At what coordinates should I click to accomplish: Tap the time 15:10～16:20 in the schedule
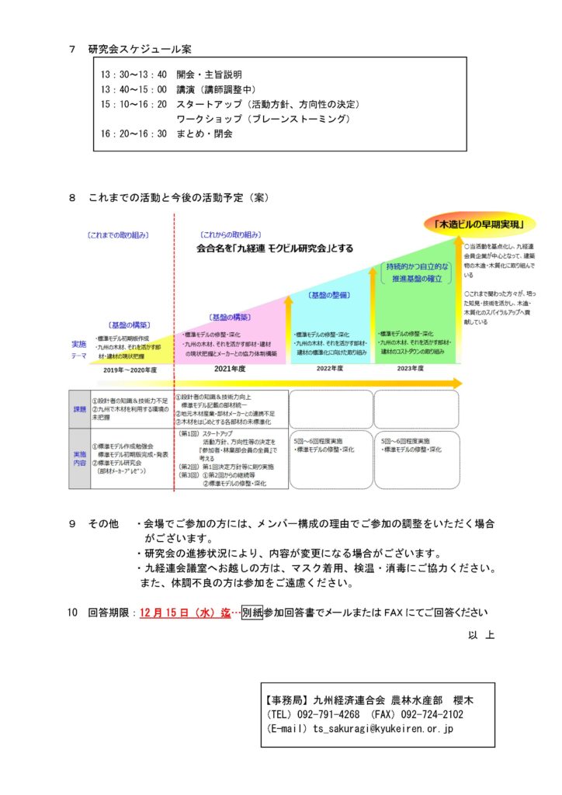134,104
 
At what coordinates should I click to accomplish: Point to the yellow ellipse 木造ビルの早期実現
479,225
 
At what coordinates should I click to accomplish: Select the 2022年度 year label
330,370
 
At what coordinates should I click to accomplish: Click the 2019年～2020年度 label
130,370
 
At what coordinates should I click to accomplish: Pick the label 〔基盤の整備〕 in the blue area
330,295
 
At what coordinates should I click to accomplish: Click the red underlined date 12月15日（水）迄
186,613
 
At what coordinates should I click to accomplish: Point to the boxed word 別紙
252,613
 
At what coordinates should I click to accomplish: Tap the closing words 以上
480,634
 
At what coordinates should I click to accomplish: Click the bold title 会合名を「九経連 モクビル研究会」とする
275,248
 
